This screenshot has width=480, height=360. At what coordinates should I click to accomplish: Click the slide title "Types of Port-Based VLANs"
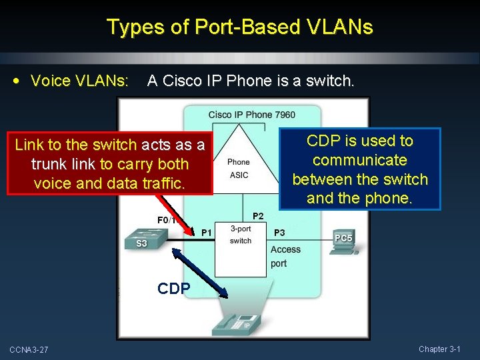coord(240,27)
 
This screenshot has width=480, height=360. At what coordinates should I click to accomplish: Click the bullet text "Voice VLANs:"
coord(79,81)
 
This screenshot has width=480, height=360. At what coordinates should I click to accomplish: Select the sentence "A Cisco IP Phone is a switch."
coord(251,81)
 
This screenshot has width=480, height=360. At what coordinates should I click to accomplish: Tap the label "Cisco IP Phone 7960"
coord(251,115)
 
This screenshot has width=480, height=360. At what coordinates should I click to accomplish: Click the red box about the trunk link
coord(110,164)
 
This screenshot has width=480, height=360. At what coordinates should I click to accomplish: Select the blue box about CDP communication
coord(360,169)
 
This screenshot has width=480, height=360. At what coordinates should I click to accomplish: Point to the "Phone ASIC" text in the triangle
coord(238,169)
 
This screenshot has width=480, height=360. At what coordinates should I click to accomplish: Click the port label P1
coord(207,232)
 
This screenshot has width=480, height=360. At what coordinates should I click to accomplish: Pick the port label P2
coord(258,216)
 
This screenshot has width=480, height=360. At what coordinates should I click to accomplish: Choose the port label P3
coord(279,232)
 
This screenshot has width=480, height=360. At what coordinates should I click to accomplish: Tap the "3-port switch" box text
coord(241,235)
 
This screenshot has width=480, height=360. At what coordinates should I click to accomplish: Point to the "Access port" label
coord(285,256)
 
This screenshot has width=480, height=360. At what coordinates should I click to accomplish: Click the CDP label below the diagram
coord(173,289)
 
